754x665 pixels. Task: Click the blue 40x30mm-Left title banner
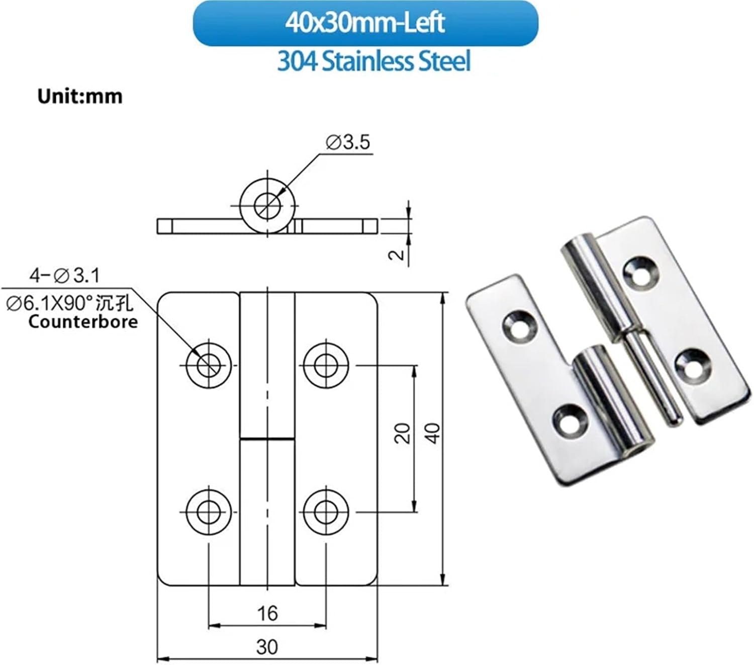pos(365,24)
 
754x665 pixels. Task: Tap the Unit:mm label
pos(80,96)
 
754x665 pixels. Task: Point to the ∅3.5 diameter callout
pos(348,142)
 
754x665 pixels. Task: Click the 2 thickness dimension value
pos(397,254)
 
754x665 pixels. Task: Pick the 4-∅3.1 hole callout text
pos(64,275)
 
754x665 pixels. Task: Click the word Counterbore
pos(83,321)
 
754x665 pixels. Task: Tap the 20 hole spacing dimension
pos(402,433)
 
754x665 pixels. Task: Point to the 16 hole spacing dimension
pos(267,613)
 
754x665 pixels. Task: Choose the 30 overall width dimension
pos(267,646)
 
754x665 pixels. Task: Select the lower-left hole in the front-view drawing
pos(209,512)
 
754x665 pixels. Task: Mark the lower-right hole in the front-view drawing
pos(326,512)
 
